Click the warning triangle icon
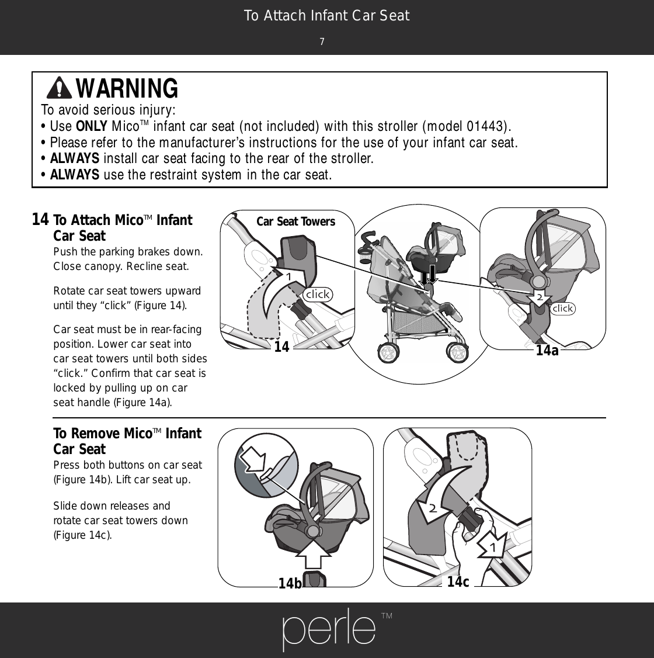[59, 88]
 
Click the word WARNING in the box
[127, 88]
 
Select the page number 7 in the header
[322, 41]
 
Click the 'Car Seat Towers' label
[295, 221]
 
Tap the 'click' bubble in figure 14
[317, 294]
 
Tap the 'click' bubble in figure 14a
[562, 309]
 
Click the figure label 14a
[547, 351]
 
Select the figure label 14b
[290, 583]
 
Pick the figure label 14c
[458, 581]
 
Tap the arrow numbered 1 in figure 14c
[493, 545]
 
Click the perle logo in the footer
[329, 629]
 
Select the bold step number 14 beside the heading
[40, 219]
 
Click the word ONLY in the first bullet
[92, 126]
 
